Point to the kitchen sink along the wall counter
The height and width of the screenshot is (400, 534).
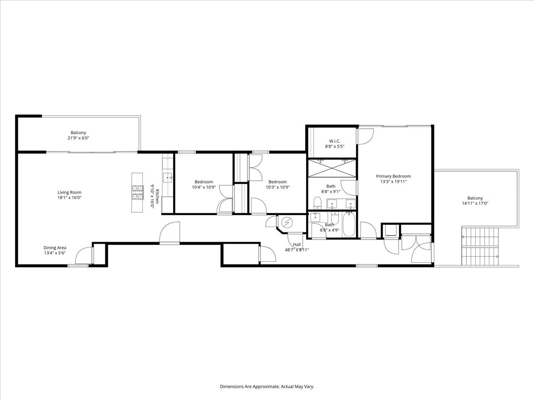click(169, 178)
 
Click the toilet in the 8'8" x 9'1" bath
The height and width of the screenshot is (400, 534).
click(317, 204)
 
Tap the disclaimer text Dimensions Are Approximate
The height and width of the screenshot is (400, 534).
click(267, 387)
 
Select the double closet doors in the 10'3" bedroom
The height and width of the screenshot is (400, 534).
click(255, 168)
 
